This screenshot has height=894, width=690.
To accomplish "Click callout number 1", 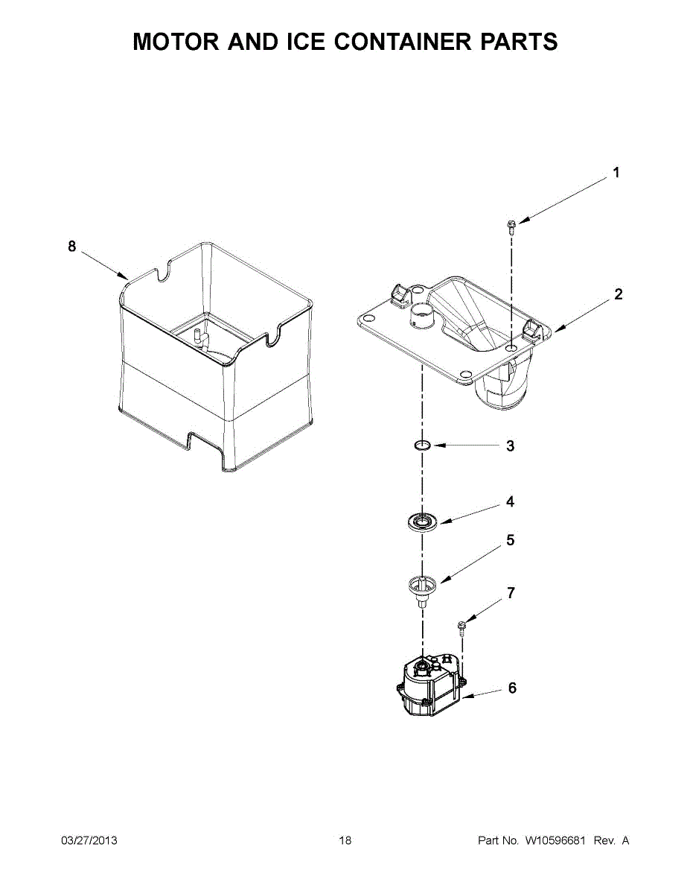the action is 616,173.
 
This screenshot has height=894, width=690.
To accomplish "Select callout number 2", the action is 618,294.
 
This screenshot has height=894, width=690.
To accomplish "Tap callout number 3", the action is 510,446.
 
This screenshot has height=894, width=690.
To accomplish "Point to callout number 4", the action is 510,502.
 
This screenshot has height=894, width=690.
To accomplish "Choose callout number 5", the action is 510,541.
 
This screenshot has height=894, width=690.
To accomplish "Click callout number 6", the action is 512,688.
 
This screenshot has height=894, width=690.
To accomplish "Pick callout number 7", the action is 510,594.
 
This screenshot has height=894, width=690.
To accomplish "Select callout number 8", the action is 72,247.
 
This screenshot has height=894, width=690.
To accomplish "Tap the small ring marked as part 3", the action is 423,446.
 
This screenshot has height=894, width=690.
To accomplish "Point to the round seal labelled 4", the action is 423,521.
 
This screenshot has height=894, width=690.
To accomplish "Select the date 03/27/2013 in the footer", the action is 89,841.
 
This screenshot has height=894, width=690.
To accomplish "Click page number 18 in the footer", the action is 345,841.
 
